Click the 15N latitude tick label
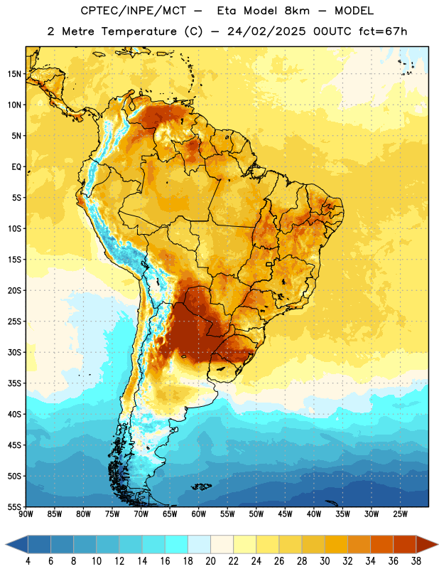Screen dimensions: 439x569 click(13, 74)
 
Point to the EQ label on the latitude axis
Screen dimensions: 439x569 click(16, 167)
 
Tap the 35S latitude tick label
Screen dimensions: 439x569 click(14, 383)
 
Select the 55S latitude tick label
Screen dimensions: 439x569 click(14, 506)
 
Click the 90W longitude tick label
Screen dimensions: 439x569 click(26, 514)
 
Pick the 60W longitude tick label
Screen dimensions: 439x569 click(199, 514)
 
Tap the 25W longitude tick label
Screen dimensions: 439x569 click(400, 514)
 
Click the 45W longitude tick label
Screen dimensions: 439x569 click(285, 514)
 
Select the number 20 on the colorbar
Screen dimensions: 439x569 click(210, 561)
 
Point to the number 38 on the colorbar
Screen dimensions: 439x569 click(416, 561)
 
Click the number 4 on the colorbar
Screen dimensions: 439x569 click(28, 561)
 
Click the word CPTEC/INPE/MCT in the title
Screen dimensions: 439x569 click(133, 11)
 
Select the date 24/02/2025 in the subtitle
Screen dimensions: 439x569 click(266, 31)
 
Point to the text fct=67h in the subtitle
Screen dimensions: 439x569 click(383, 31)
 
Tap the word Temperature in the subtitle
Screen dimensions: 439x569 click(139, 31)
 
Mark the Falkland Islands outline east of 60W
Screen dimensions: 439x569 click(202, 486)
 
